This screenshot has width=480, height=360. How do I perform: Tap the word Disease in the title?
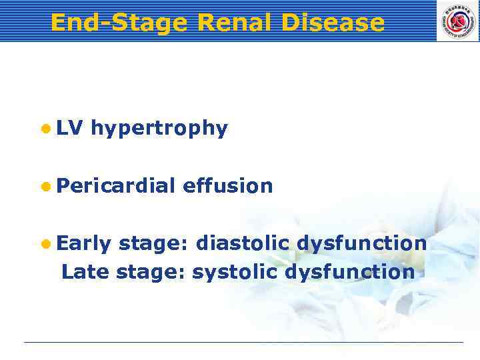pos(333,23)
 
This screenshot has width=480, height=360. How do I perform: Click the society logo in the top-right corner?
pos(457,21)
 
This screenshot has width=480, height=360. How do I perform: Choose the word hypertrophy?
pos(159,129)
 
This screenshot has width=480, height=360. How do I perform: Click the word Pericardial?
pos(115,185)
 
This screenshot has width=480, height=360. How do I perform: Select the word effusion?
pos(227,185)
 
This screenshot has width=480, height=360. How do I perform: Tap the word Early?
pos(83,244)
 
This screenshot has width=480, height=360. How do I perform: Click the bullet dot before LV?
pos(44,129)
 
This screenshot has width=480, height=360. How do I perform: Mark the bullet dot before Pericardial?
pos(44,186)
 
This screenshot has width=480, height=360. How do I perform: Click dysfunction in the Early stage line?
pos(361,244)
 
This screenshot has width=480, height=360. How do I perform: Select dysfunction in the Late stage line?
pos(349,272)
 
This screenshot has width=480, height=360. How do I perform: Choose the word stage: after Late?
pos(151,272)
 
